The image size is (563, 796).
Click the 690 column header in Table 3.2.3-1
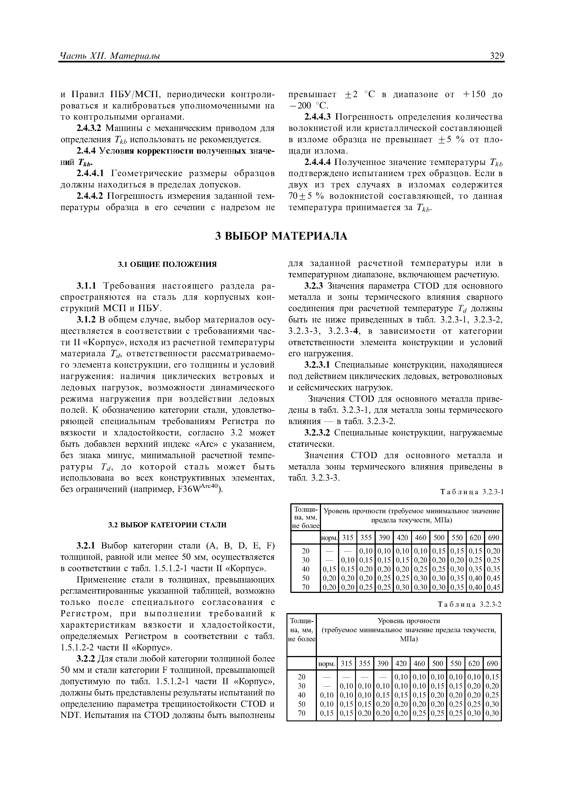click(493, 538)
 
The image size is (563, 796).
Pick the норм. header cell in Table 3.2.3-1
click(329, 538)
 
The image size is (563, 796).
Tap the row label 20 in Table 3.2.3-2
click(301, 676)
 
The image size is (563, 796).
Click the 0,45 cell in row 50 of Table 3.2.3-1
click(493, 578)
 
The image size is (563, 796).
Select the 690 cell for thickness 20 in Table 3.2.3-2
click(492, 676)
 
